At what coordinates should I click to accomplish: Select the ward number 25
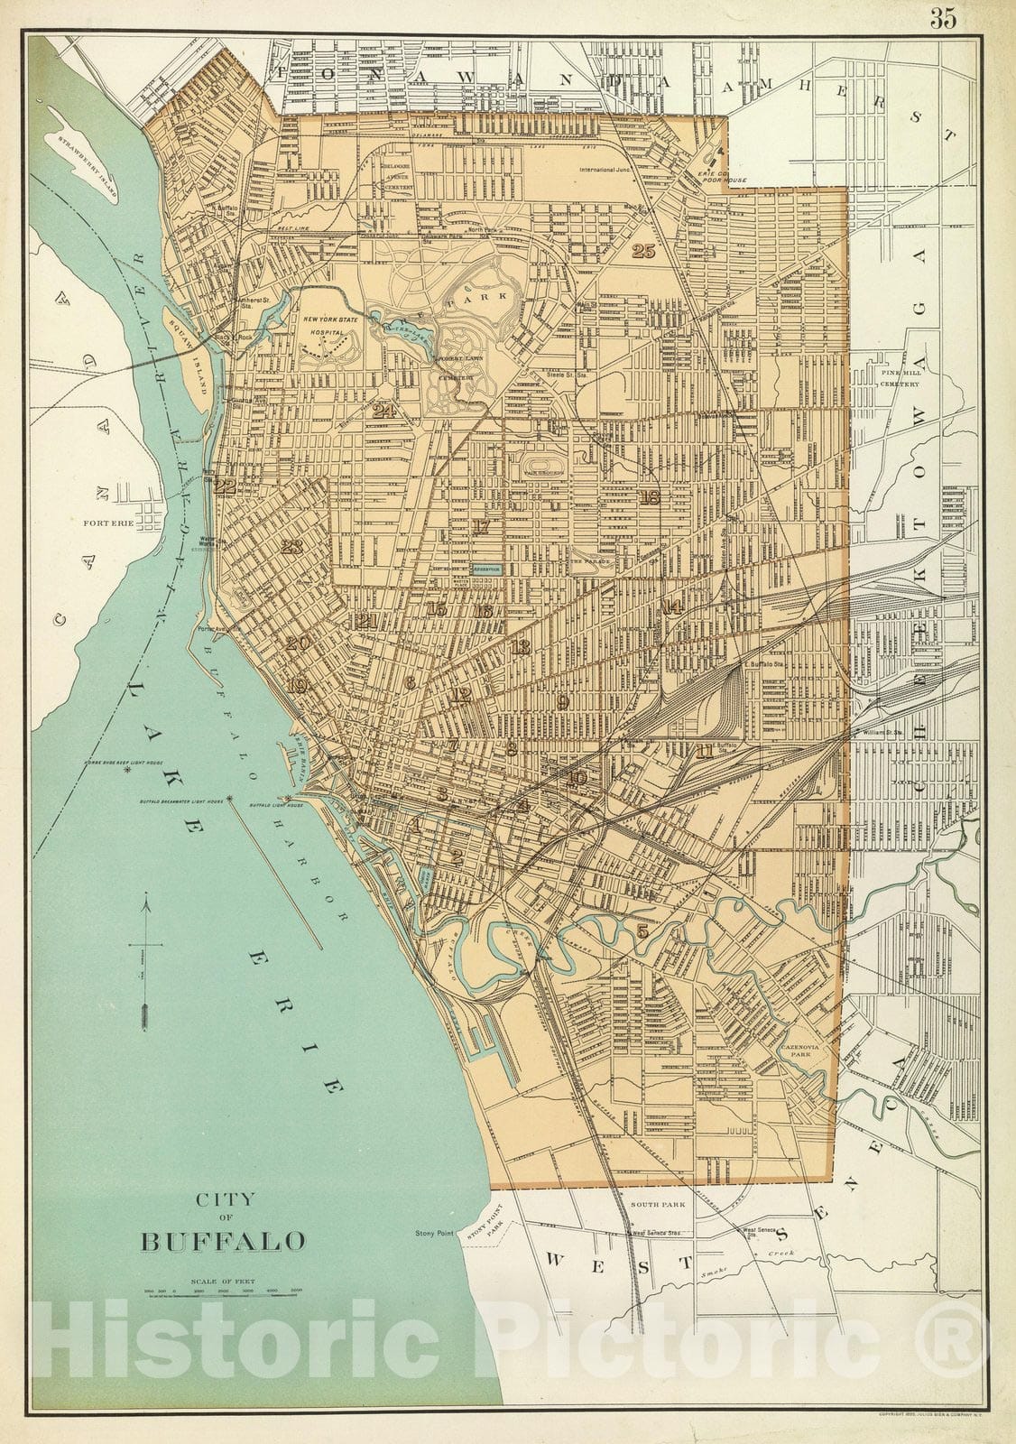[x=643, y=251]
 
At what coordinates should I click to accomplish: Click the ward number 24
[x=384, y=411]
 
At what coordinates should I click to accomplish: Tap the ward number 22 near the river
[x=225, y=486]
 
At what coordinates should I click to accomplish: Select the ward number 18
[x=650, y=497]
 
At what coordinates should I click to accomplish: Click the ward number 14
[x=671, y=606]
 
